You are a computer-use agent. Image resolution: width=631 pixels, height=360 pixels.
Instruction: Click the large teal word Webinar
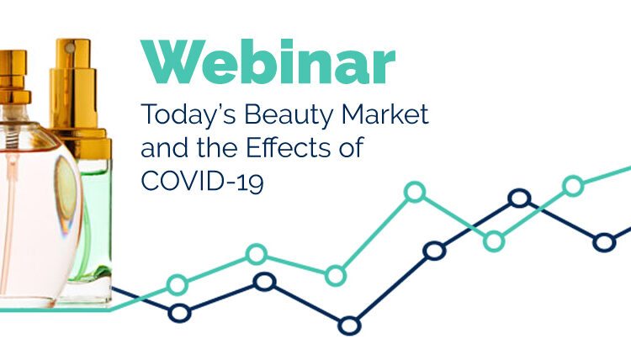click(x=268, y=61)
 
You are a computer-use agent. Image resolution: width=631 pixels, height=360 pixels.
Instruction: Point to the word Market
click(x=385, y=114)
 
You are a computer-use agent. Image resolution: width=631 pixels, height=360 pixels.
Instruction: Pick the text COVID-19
click(x=203, y=181)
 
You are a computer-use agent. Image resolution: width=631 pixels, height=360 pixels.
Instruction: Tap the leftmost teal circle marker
click(x=177, y=285)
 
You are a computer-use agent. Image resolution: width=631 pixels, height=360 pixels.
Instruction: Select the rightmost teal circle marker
click(x=573, y=186)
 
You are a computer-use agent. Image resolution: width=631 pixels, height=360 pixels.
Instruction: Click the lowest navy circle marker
click(x=349, y=325)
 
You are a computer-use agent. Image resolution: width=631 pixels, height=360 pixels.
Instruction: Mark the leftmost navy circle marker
click(x=179, y=313)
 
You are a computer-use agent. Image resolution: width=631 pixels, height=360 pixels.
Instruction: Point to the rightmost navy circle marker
click(x=604, y=242)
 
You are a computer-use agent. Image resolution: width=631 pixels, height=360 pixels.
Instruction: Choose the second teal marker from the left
click(x=257, y=254)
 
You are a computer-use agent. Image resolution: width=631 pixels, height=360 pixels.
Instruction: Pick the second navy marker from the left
click(x=264, y=282)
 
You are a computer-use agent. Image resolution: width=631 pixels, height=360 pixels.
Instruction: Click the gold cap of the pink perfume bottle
click(x=13, y=77)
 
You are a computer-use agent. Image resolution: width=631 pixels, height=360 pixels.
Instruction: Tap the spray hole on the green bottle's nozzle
click(x=71, y=48)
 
